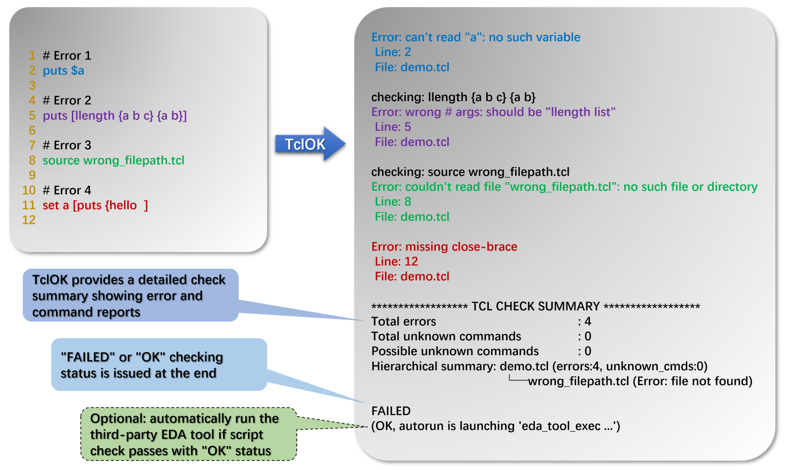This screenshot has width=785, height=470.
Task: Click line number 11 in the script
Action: click(29, 206)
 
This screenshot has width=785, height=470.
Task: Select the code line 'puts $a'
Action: click(63, 71)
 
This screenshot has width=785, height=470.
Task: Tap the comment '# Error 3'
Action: click(67, 145)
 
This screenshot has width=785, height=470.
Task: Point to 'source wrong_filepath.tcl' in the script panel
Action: click(113, 160)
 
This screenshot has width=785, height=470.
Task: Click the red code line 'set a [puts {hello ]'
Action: click(95, 206)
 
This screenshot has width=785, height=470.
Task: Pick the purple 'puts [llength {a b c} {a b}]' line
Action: click(114, 116)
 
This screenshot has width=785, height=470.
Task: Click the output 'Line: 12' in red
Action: click(396, 262)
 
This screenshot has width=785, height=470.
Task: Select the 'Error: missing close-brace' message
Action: click(444, 247)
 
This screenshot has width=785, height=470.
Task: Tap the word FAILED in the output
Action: click(391, 411)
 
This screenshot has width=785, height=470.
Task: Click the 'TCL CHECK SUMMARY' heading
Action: click(535, 307)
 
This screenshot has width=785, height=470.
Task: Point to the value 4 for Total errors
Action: click(588, 321)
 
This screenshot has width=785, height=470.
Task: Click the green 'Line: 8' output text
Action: click(392, 202)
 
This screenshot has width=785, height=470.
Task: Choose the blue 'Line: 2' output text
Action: click(392, 52)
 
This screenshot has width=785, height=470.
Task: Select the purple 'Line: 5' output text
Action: click(392, 127)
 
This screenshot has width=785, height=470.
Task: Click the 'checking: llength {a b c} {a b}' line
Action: click(453, 97)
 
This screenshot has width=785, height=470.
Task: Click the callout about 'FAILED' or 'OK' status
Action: click(158, 365)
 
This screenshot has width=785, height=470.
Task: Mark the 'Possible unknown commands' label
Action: click(455, 351)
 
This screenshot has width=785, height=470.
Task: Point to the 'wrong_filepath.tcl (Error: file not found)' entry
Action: click(639, 381)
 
